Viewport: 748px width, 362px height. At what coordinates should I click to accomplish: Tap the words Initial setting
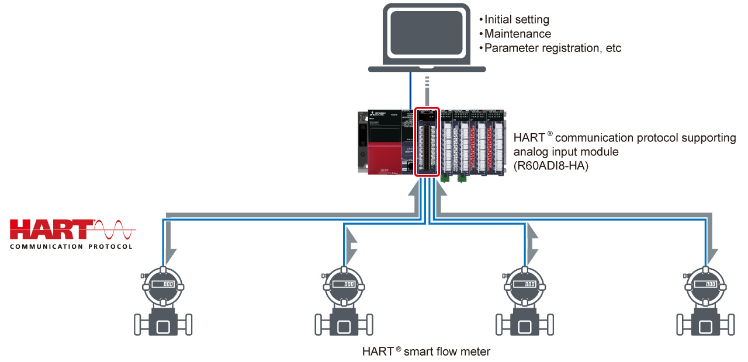pyautogui.click(x=517, y=19)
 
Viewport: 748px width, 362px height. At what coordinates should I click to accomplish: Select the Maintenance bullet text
pyautogui.click(x=517, y=34)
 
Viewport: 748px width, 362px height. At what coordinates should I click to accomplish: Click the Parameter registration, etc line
pyautogui.click(x=552, y=48)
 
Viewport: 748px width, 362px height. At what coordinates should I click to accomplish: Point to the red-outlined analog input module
pyautogui.click(x=426, y=142)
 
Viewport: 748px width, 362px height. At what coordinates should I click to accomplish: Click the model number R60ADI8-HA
pyautogui.click(x=552, y=166)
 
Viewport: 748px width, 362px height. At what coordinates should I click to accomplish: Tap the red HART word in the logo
pyautogui.click(x=51, y=229)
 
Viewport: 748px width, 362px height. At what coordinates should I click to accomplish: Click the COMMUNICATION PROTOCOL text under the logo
pyautogui.click(x=71, y=246)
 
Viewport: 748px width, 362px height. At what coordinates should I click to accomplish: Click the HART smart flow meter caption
pyautogui.click(x=426, y=351)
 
